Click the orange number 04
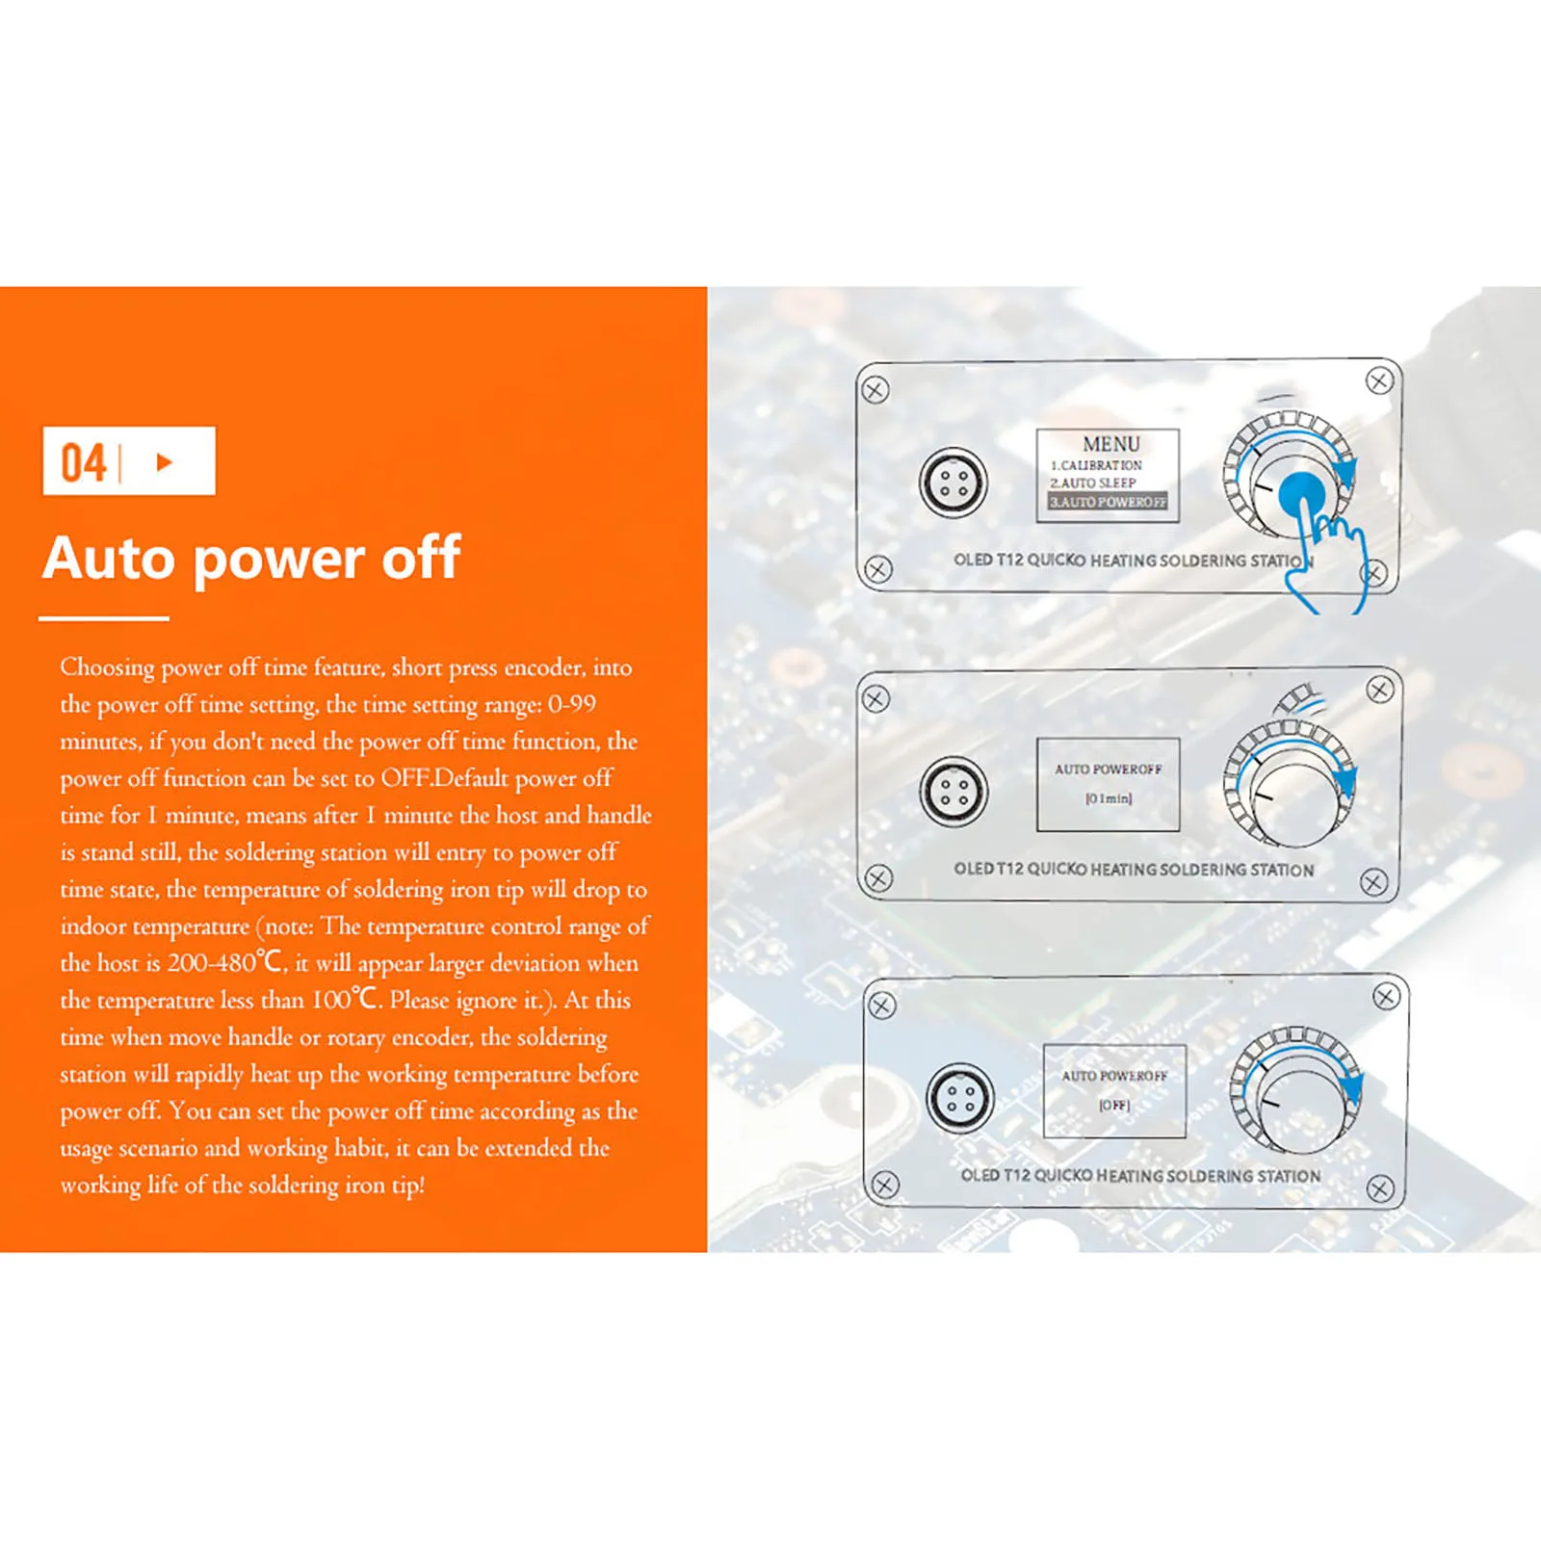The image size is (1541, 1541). [x=84, y=462]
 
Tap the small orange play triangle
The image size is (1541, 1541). [x=165, y=462]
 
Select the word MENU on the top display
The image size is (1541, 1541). [x=1110, y=444]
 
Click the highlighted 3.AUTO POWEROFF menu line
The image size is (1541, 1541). [x=1108, y=502]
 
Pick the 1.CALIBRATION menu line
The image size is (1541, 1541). [x=1096, y=465]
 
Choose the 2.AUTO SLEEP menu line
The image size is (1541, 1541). [x=1093, y=483]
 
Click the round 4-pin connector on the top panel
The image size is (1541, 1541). [x=953, y=482]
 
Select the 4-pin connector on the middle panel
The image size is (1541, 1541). [x=953, y=792]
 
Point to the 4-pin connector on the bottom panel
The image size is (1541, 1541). [x=960, y=1098]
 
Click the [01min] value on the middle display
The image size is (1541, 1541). [x=1109, y=798]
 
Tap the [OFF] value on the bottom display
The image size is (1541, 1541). [x=1114, y=1105]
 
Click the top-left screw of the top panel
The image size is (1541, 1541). [x=875, y=390]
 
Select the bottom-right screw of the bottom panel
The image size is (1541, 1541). [x=1380, y=1188]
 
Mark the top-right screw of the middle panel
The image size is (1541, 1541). [x=1380, y=690]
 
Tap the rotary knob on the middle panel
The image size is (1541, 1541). [x=1289, y=785]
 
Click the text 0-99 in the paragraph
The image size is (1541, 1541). [x=572, y=704]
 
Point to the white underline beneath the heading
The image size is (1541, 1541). [x=104, y=618]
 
